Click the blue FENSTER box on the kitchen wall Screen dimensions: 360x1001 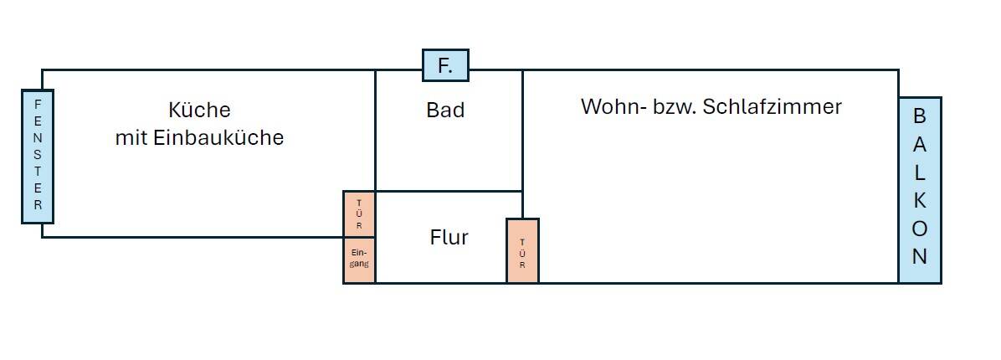click(38, 157)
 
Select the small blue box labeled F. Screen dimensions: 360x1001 click(445, 65)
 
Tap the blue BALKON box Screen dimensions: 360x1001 click(920, 190)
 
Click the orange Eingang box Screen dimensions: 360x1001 click(359, 260)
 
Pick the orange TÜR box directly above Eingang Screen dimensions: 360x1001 click(359, 214)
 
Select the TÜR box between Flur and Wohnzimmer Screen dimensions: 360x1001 click(522, 251)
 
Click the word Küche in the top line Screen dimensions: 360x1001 click(199, 111)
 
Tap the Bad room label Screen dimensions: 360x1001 click(445, 111)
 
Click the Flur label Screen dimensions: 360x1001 click(449, 238)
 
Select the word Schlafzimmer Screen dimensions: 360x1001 click(773, 107)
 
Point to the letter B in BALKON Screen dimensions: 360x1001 click(920, 116)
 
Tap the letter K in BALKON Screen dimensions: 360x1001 click(920, 201)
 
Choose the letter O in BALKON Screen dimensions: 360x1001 click(920, 229)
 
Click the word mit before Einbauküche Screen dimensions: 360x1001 click(131, 138)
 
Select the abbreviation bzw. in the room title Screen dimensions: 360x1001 click(674, 107)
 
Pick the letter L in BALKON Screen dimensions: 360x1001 click(920, 172)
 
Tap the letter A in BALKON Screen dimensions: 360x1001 click(920, 144)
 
